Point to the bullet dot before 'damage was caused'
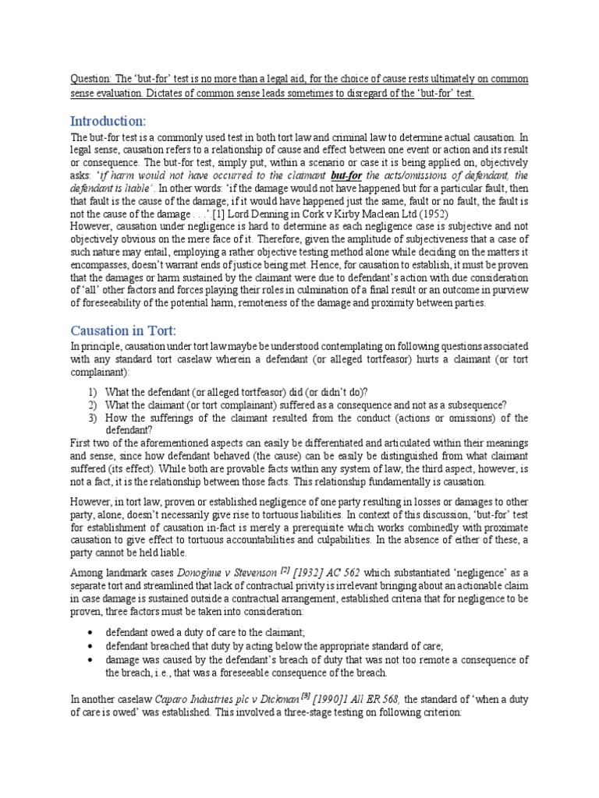[93, 659]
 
